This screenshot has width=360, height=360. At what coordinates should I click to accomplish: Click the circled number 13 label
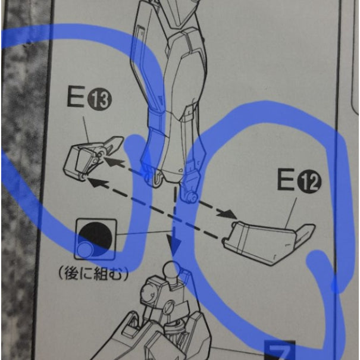point(99,100)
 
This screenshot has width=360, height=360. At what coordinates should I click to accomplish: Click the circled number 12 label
point(309,182)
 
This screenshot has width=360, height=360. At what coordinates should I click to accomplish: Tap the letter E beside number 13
point(76,98)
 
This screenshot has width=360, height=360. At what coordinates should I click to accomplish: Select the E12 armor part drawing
point(268,243)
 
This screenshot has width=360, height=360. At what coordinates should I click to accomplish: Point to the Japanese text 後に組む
point(93,274)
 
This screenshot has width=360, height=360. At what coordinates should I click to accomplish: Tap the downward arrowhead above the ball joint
point(174,245)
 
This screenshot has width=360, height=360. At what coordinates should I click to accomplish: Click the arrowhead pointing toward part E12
point(227,214)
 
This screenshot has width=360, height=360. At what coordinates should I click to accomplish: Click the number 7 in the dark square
point(280,352)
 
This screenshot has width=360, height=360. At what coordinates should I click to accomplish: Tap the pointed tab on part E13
point(113,145)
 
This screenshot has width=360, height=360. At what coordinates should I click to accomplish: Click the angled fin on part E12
point(305,233)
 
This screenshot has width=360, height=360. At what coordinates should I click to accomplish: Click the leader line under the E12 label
point(291,213)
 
